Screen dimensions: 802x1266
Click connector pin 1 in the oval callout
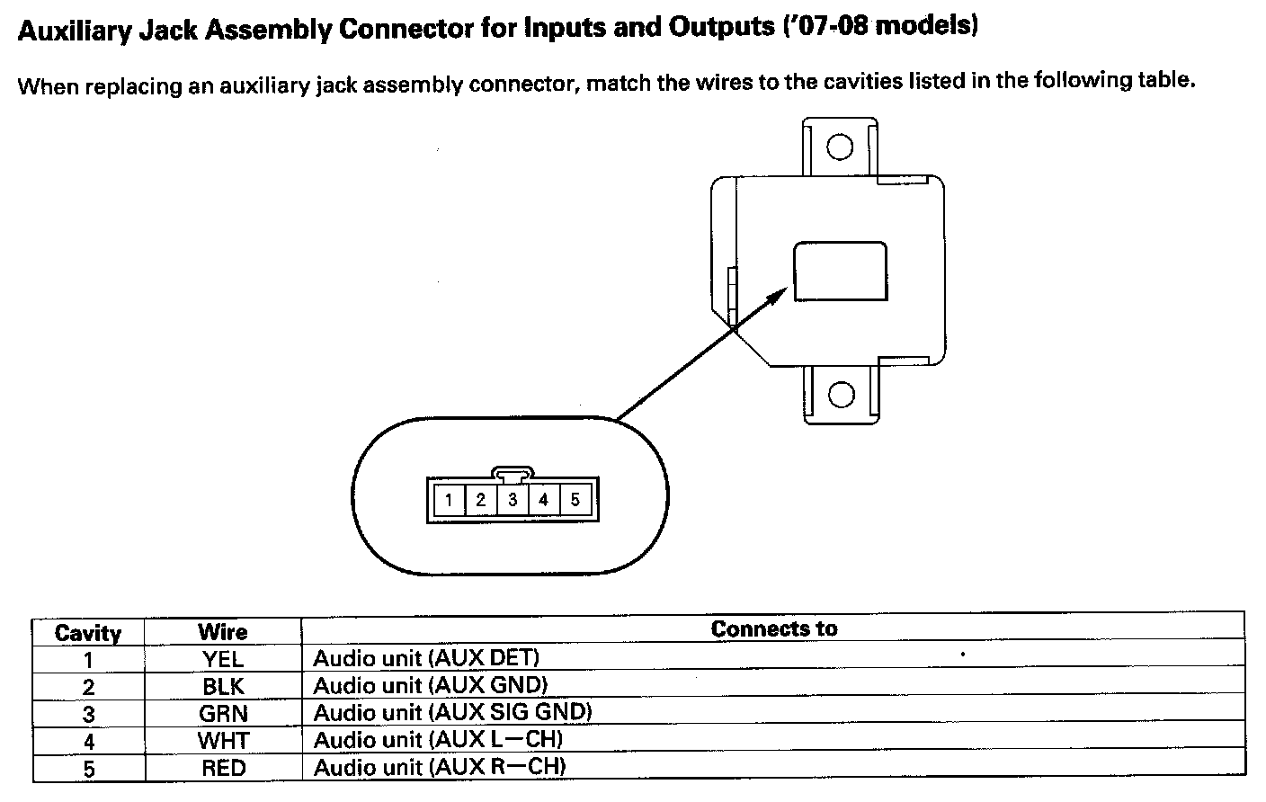(x=449, y=500)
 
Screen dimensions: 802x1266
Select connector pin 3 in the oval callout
(x=513, y=500)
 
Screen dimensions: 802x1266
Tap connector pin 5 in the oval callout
(x=575, y=500)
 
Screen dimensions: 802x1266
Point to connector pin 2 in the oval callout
(x=481, y=500)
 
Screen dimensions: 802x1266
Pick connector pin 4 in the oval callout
(x=544, y=500)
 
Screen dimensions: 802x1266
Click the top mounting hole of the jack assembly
(x=840, y=147)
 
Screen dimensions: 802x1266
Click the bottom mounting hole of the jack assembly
(x=840, y=394)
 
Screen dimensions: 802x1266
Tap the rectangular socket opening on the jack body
(x=840, y=271)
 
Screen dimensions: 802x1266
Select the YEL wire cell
(x=223, y=659)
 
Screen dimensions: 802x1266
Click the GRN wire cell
(x=223, y=714)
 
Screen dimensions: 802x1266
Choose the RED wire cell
(x=223, y=769)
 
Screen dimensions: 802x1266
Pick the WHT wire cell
(x=223, y=741)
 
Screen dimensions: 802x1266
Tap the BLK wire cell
(x=223, y=687)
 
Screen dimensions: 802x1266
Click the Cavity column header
(x=88, y=632)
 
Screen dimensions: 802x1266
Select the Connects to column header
(x=773, y=628)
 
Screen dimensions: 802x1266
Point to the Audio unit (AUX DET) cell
(x=426, y=658)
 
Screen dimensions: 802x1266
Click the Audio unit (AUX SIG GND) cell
(x=452, y=713)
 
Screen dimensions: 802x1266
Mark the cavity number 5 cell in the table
(x=88, y=770)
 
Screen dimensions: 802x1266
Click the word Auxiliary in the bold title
(x=74, y=31)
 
